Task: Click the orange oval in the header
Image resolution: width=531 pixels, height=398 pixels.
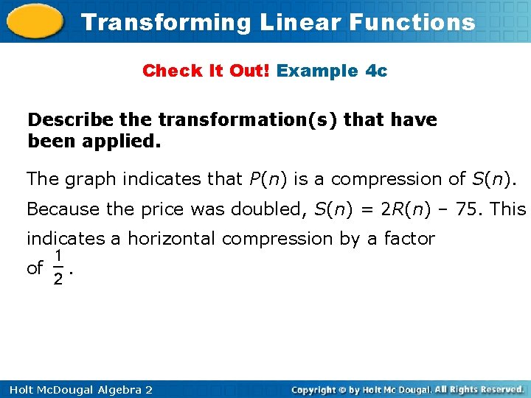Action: (34, 22)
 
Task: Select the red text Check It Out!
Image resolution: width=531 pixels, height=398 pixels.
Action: (207, 71)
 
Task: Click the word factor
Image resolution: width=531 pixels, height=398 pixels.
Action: (411, 239)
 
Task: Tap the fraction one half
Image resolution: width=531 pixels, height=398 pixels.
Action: (58, 267)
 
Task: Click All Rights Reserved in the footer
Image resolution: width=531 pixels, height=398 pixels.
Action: (479, 389)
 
